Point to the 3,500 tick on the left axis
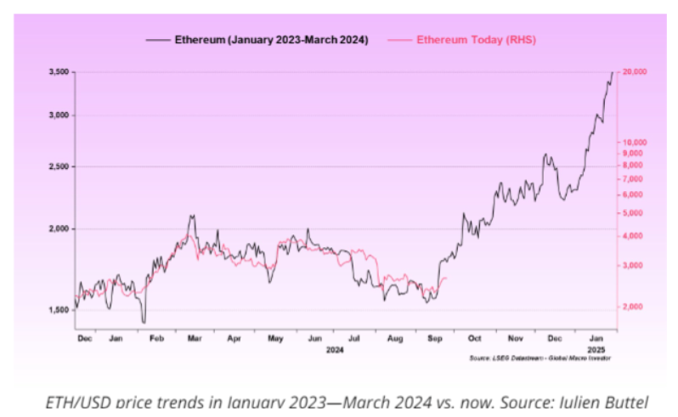click(58, 72)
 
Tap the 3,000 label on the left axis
click(58, 116)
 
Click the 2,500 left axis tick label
click(58, 166)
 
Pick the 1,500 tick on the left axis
click(58, 310)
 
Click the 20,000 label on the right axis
click(634, 72)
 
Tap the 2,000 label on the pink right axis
click(632, 306)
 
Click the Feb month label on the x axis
click(156, 338)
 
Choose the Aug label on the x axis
click(395, 338)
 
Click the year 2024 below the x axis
click(336, 348)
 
